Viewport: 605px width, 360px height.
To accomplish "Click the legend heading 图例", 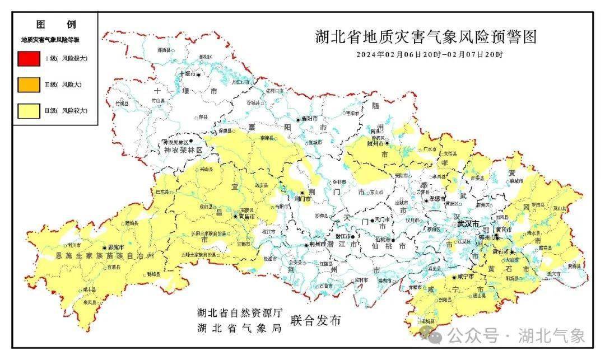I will pyautogui.click(x=55, y=25).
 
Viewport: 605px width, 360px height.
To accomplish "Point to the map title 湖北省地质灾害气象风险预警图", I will pyautogui.click(x=425, y=38).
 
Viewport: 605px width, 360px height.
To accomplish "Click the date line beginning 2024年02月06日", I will pyautogui.click(x=430, y=55).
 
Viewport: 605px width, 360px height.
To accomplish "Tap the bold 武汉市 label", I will pyautogui.click(x=468, y=223).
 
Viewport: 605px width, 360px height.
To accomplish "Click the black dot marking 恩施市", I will pyautogui.click(x=105, y=247).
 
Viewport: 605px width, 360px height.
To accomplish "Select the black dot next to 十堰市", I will pyautogui.click(x=197, y=74).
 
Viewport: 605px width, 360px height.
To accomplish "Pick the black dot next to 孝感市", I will pyautogui.click(x=426, y=199).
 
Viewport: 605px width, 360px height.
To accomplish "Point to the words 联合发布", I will pyautogui.click(x=315, y=321).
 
